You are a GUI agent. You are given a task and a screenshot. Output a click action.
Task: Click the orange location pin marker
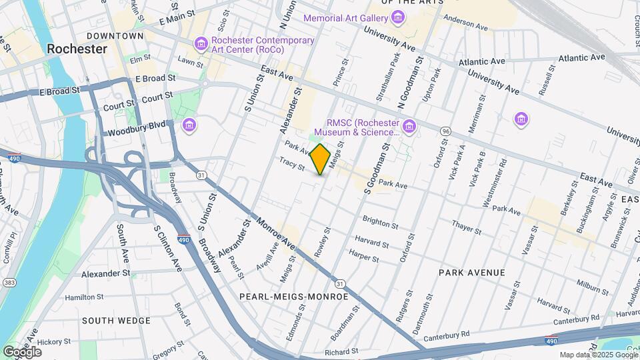pos(321,159)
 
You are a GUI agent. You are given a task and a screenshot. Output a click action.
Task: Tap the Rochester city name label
pos(77,49)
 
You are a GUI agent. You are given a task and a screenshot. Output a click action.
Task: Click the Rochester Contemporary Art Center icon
pos(201,45)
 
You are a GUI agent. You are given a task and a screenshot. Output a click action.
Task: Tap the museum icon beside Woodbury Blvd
pos(189,125)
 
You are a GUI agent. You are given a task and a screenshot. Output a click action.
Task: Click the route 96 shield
pos(445,131)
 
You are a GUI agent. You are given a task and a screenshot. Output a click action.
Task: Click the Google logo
pos(23,351)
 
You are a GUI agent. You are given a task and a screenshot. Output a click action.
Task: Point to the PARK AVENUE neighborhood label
pos(471,273)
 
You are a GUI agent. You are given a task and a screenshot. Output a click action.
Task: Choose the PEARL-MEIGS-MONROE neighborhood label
pos(293,296)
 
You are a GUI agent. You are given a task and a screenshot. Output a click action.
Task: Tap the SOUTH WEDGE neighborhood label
pos(116,321)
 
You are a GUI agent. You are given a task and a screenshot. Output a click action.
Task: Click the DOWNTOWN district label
pos(115,35)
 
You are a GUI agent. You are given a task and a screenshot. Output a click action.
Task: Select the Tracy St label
pos(292,163)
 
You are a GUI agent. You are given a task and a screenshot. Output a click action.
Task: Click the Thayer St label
pos(466,228)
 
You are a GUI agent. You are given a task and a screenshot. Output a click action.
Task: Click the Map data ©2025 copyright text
pos(597,355)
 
